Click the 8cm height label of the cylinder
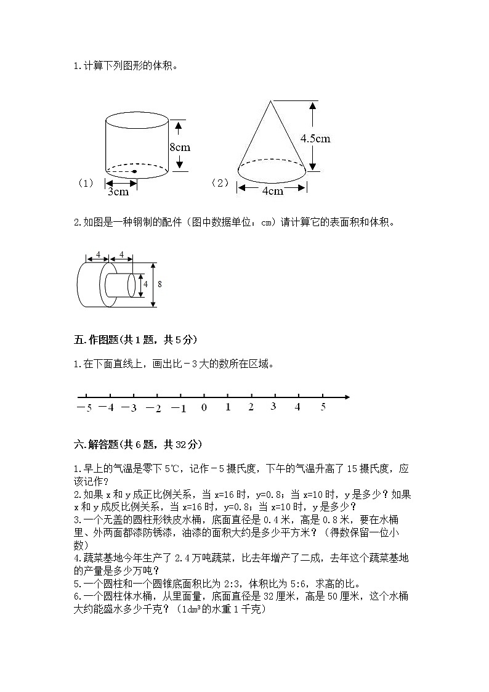[179, 147]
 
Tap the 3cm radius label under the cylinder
[118, 191]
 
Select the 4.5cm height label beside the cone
[315, 138]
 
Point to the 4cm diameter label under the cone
[272, 190]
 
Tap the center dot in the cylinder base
[134, 171]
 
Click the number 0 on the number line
[204, 407]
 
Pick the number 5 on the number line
[323, 406]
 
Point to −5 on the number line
[84, 407]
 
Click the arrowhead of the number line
[347, 397]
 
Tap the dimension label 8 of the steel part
[160, 284]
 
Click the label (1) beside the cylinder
[85, 183]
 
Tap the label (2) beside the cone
[219, 183]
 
